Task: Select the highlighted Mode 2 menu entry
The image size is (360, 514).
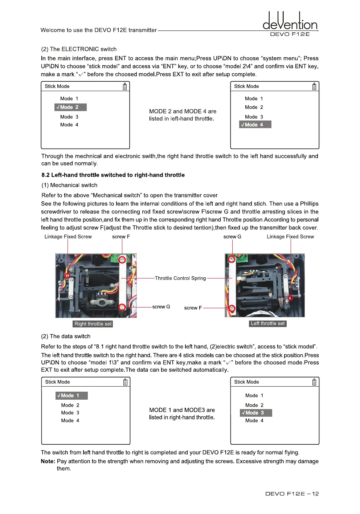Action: click(x=70, y=107)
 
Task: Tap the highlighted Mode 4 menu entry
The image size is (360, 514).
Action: click(x=255, y=125)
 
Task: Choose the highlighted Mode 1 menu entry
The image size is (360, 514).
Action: click(x=71, y=396)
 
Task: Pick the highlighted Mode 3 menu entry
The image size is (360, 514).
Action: click(x=256, y=413)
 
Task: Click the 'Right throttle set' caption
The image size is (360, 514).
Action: click(x=93, y=324)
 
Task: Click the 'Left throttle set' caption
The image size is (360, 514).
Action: click(x=268, y=323)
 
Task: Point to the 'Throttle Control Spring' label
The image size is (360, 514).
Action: click(x=180, y=278)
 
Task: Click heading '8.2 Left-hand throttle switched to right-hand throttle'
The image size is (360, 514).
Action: click(x=113, y=175)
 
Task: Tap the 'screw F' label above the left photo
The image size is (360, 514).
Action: click(x=121, y=237)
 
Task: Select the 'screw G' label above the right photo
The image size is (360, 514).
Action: click(x=232, y=237)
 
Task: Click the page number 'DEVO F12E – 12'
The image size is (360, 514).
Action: click(x=292, y=494)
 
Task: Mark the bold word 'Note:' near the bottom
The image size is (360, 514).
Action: click(x=48, y=461)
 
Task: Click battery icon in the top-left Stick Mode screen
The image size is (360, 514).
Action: click(x=125, y=86)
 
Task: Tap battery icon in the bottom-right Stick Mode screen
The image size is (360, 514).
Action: click(x=314, y=382)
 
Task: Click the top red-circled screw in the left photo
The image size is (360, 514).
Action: click(x=122, y=260)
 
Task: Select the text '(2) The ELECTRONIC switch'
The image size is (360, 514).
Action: click(x=79, y=49)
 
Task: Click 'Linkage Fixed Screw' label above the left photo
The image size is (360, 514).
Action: click(x=68, y=237)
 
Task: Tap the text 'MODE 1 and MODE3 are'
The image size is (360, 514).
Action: click(x=182, y=410)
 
